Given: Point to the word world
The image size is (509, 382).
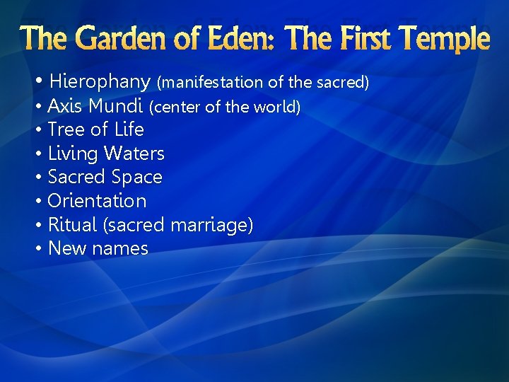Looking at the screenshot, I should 281,108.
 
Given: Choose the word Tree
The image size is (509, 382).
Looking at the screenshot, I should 65,129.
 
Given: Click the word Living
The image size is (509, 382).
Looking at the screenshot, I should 73,154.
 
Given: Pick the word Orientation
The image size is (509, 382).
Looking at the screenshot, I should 97,201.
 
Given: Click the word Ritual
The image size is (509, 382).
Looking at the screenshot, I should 72,225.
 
